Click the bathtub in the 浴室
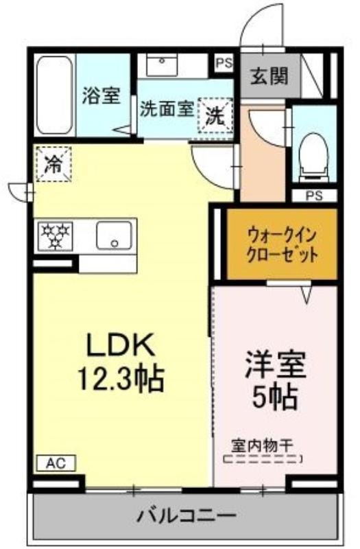(55, 95)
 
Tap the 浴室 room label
(101, 95)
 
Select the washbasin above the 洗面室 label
(162, 65)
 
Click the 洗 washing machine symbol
(215, 115)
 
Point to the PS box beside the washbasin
(224, 62)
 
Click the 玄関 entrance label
(269, 76)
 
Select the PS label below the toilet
(314, 196)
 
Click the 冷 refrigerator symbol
(54, 164)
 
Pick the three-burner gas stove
(56, 236)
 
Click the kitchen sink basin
(114, 235)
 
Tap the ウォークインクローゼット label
(283, 245)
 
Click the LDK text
(121, 345)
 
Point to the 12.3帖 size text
(121, 379)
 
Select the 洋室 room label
(276, 364)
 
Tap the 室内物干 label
(262, 446)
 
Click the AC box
(56, 463)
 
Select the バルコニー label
(186, 516)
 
